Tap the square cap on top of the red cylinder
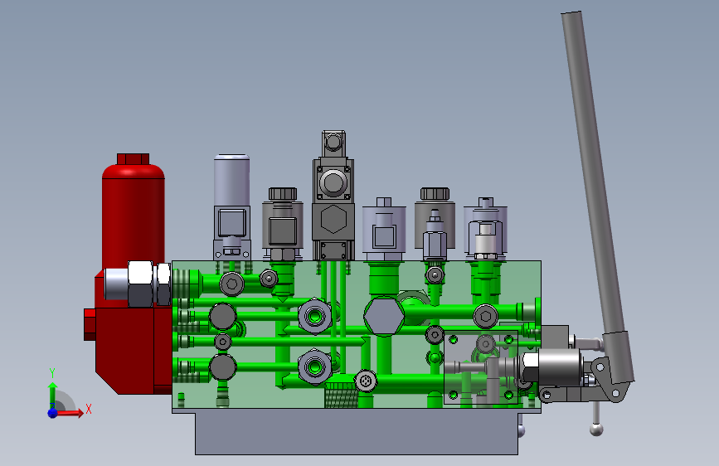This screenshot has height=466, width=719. click(133, 158)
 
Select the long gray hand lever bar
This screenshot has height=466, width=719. click(596, 192)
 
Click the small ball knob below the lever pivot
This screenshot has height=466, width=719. click(596, 430)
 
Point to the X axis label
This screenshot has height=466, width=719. click(89, 409)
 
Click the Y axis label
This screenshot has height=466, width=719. click(52, 373)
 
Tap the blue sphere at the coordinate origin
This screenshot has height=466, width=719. click(53, 413)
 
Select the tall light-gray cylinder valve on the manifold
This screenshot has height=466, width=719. click(231, 206)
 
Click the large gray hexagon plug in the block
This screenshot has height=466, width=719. click(384, 316)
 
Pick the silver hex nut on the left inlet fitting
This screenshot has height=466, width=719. click(140, 284)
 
